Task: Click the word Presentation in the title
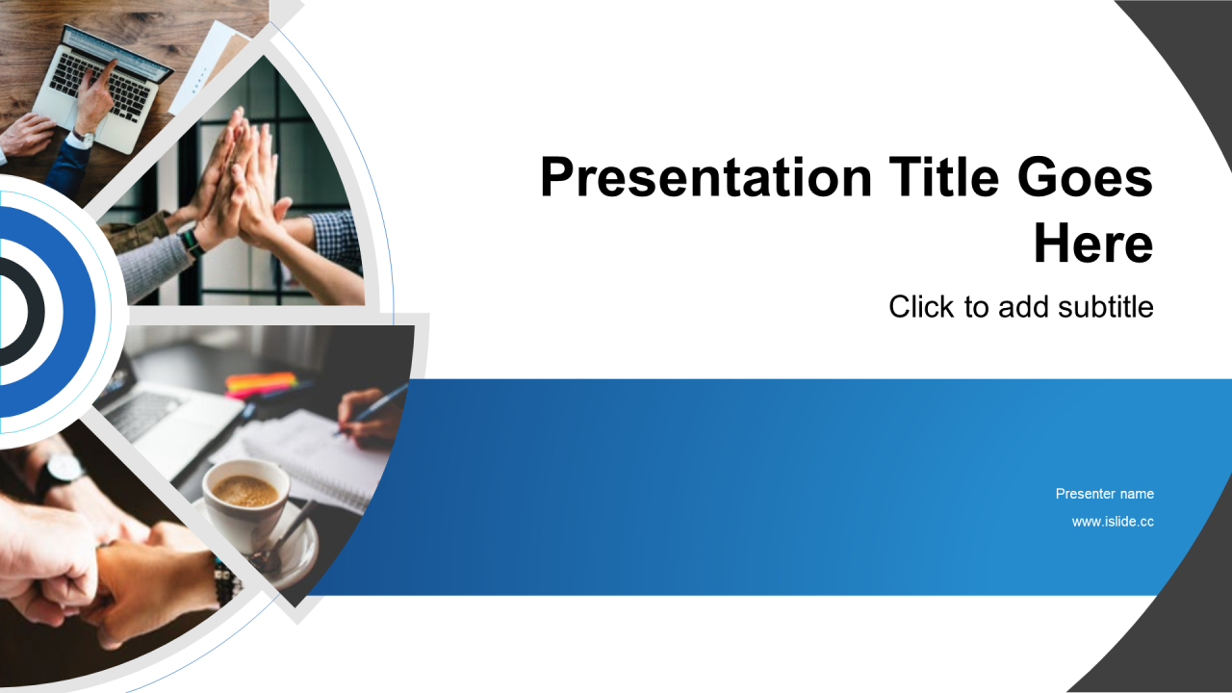point(706,177)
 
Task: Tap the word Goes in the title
point(1085,177)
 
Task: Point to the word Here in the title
point(1093,244)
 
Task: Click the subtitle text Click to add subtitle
point(1021,307)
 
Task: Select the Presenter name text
point(1104,494)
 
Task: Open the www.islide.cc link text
point(1113,522)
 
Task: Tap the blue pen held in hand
point(372,410)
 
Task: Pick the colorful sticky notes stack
point(261,384)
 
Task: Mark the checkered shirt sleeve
point(337,242)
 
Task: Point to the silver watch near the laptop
point(84,136)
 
